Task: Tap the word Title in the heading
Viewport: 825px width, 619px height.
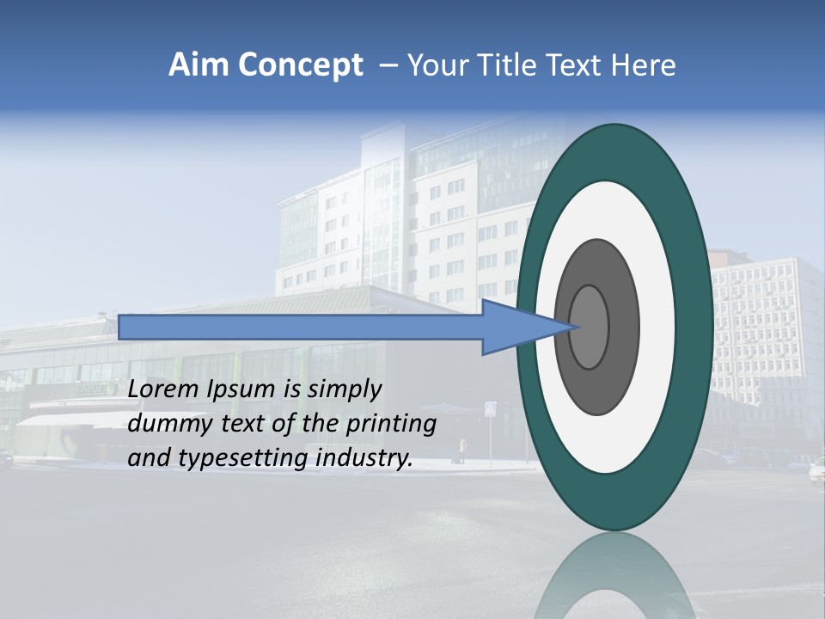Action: click(514, 65)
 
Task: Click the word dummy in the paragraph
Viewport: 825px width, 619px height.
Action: click(163, 424)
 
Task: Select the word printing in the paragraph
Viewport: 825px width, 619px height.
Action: click(392, 425)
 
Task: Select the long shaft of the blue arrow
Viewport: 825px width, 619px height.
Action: click(301, 327)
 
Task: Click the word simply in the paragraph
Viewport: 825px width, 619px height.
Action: click(344, 389)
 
